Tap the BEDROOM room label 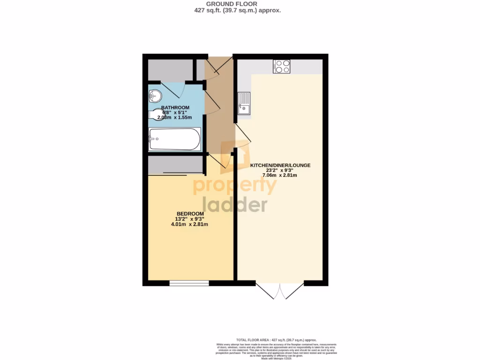(190, 214)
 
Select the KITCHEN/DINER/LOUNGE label (280, 165)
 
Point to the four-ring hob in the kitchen (282, 67)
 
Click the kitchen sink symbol (244, 103)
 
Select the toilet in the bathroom (155, 114)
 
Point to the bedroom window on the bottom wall (189, 283)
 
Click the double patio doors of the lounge (280, 291)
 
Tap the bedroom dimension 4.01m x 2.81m (189, 224)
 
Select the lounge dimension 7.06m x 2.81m (280, 175)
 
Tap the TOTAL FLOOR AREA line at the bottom (276, 339)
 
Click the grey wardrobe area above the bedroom (175, 165)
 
